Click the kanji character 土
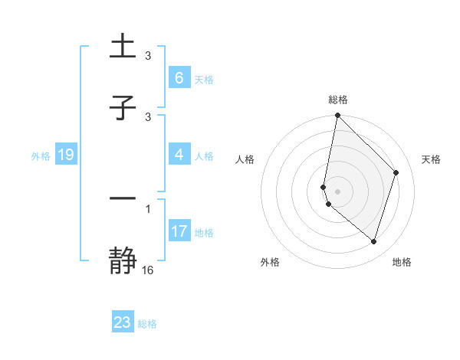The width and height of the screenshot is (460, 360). click(x=123, y=47)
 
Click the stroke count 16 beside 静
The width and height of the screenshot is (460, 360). click(x=148, y=270)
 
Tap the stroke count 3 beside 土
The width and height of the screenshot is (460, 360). click(x=148, y=56)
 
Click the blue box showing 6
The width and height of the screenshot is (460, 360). click(x=179, y=78)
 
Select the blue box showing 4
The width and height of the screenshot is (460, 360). click(x=179, y=155)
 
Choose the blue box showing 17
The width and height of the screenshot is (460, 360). click(x=179, y=231)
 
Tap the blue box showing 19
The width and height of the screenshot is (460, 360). click(x=65, y=155)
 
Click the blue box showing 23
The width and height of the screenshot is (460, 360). click(x=123, y=322)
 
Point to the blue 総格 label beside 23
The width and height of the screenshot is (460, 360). click(x=148, y=324)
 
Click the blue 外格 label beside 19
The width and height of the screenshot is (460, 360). click(x=41, y=156)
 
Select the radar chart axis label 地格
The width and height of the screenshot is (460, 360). click(x=402, y=263)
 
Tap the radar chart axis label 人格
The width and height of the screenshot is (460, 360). click(x=245, y=159)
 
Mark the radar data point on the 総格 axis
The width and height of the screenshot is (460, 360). click(x=337, y=115)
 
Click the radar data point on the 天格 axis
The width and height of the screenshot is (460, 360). click(x=396, y=172)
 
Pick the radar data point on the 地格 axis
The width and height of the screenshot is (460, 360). click(x=373, y=241)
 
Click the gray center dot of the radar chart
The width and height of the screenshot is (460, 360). click(x=337, y=191)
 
